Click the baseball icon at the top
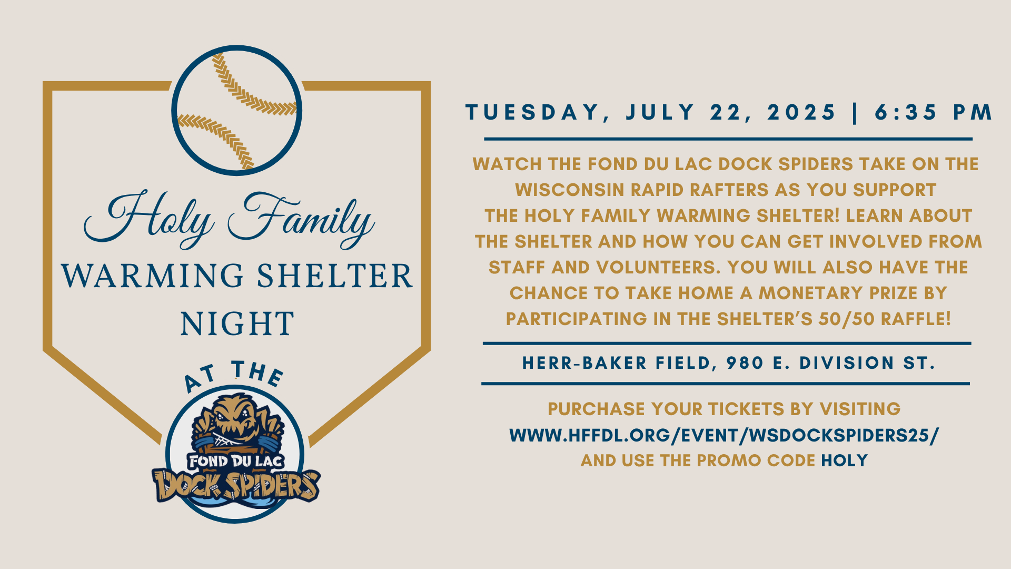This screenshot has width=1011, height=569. click(236, 110)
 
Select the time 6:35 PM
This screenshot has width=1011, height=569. click(934, 112)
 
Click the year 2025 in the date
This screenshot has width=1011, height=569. click(801, 112)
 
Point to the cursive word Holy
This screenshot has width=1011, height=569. click(149, 219)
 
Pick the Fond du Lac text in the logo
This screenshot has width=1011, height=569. click(236, 462)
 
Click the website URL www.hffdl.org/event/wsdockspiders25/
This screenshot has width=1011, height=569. click(724, 435)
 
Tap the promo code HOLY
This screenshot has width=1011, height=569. click(844, 460)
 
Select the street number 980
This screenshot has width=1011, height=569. click(745, 363)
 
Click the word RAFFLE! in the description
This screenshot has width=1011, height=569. click(916, 319)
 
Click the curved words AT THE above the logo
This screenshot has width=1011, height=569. click(234, 375)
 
